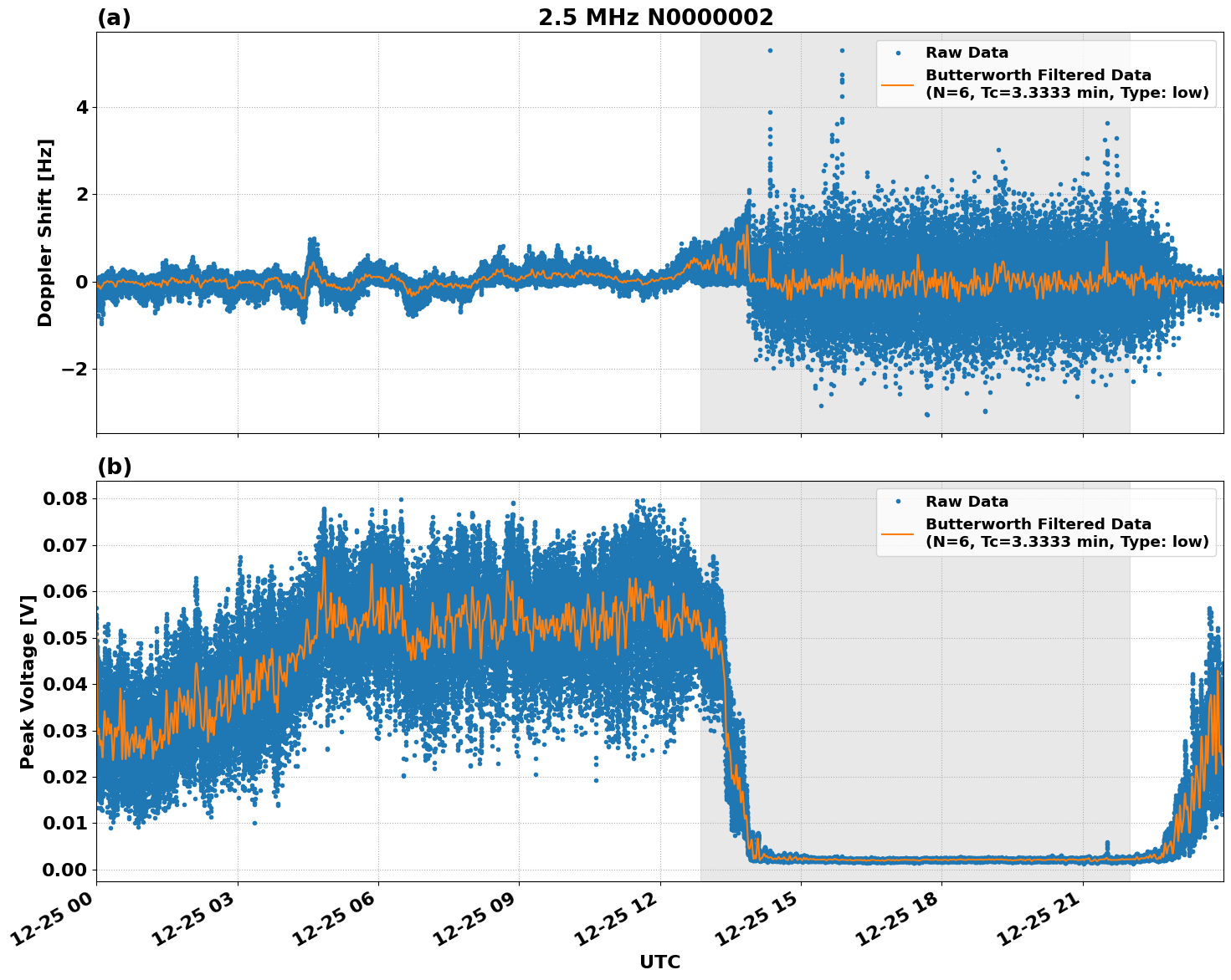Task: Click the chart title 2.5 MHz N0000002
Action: point(655,18)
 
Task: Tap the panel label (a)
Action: point(114,18)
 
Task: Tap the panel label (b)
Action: point(114,467)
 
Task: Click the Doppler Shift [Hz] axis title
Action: point(45,232)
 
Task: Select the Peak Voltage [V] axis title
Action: point(28,681)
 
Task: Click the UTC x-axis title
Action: point(659,962)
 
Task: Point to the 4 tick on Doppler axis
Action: point(82,108)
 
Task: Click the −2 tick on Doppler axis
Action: point(76,370)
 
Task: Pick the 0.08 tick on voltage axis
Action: point(64,499)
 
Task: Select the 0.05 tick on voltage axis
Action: point(64,638)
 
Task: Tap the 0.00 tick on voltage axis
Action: point(64,870)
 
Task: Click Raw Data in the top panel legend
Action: point(967,53)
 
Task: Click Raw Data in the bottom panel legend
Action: point(967,502)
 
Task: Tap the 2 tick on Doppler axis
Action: point(82,195)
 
